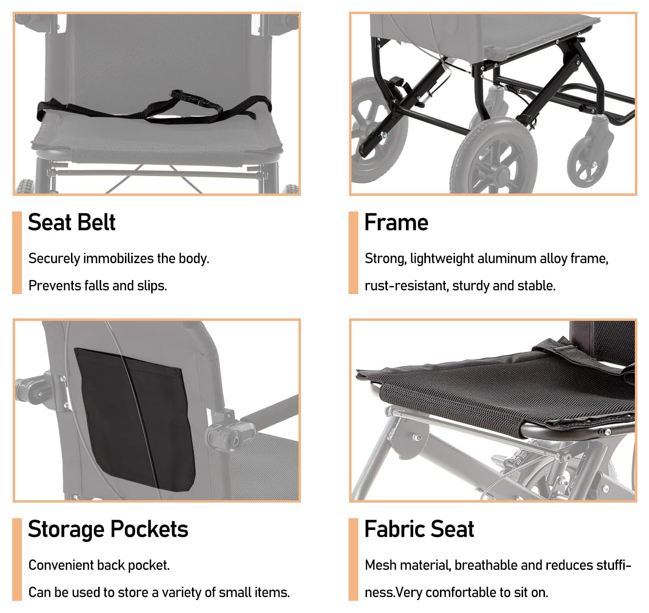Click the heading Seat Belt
click(71, 223)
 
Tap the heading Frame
click(396, 223)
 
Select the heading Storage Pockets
click(108, 529)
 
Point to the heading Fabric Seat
click(419, 529)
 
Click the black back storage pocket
click(135, 420)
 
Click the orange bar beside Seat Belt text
click(17, 253)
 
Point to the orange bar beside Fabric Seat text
click(353, 560)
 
